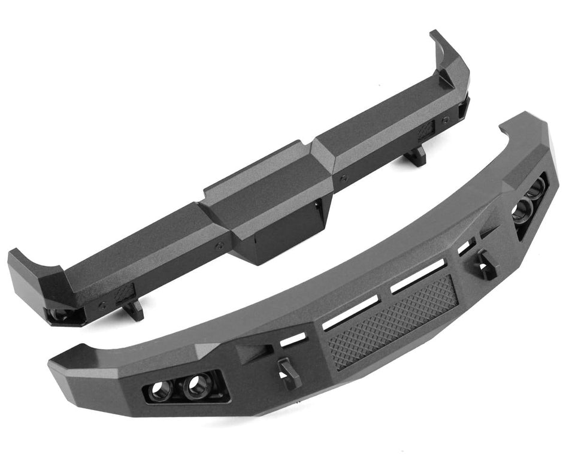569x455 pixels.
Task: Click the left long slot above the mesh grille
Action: click(x=350, y=311)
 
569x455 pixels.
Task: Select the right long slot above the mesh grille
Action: click(x=417, y=276)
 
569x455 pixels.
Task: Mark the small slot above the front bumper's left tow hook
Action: click(x=293, y=340)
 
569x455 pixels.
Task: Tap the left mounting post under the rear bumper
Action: click(x=133, y=308)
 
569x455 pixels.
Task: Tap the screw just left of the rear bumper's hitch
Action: click(x=219, y=245)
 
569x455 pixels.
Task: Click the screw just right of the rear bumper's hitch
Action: click(x=343, y=178)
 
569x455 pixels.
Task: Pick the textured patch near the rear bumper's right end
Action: click(x=426, y=130)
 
